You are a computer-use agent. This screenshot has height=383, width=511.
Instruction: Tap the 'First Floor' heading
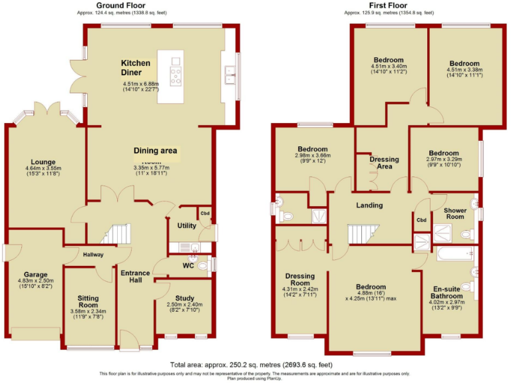[x=390, y=5]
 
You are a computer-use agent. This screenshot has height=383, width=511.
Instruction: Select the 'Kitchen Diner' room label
[x=136, y=67]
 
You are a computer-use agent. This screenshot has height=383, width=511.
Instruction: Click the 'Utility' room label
[x=186, y=226]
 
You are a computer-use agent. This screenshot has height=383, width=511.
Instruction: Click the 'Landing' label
[x=369, y=205]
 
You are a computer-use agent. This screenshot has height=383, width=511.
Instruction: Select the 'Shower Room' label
[x=454, y=213]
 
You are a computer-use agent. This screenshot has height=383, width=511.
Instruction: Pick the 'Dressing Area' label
[x=384, y=163]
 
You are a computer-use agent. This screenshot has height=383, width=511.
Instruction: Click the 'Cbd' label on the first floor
[x=421, y=220]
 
